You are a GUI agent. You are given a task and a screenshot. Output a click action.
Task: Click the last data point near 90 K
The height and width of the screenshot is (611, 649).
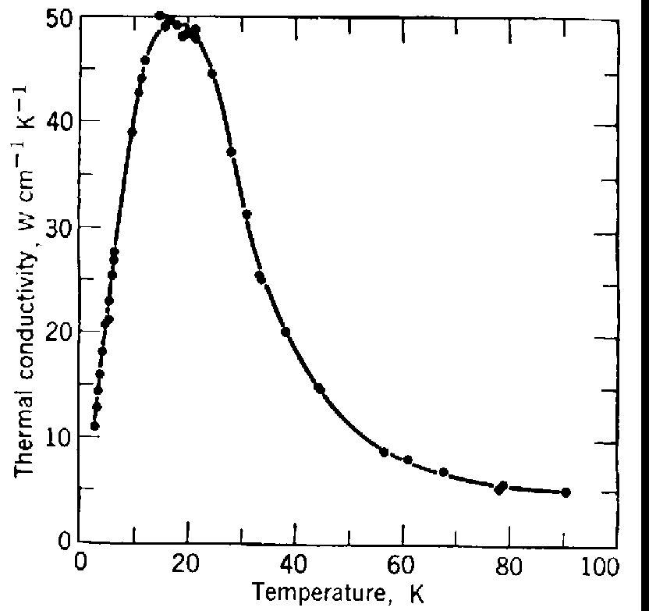(566, 492)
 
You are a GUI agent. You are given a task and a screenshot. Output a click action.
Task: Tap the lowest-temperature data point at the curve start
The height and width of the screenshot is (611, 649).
(94, 426)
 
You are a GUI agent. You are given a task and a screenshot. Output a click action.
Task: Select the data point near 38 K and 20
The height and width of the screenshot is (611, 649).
(285, 332)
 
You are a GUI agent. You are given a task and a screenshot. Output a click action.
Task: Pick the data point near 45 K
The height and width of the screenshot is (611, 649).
(318, 388)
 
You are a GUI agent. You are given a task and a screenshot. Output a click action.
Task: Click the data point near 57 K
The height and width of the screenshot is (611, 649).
(384, 452)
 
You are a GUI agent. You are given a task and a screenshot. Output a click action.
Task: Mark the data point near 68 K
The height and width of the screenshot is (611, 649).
(444, 472)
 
